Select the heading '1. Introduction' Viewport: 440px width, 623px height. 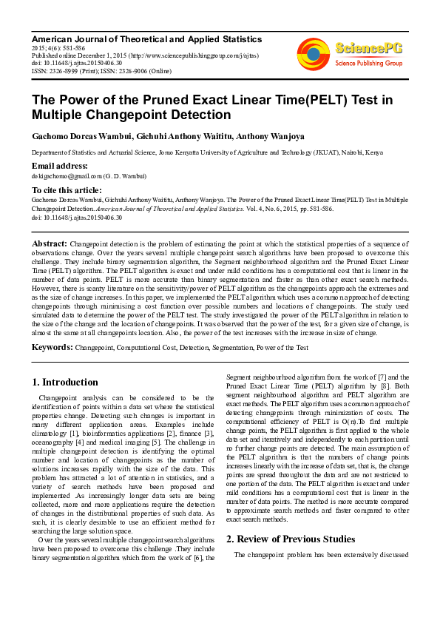pos(65,383)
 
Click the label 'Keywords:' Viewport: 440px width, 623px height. pos(52,347)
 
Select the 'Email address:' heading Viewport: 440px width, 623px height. pos(60,166)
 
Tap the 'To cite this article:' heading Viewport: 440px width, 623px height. pos(67,190)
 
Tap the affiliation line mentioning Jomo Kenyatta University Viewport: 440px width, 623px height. pos(207,152)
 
